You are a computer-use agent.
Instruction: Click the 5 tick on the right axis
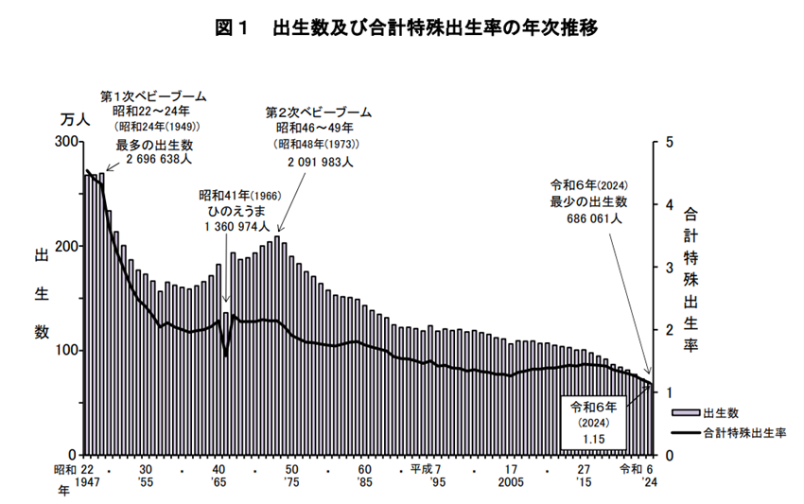point(669,142)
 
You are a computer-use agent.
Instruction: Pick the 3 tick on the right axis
point(669,268)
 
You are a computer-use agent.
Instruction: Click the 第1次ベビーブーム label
point(153,96)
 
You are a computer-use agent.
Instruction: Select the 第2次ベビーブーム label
point(317,112)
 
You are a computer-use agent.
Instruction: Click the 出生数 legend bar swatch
point(686,413)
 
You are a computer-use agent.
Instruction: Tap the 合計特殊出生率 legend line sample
point(686,433)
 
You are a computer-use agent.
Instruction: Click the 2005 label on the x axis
point(510,482)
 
